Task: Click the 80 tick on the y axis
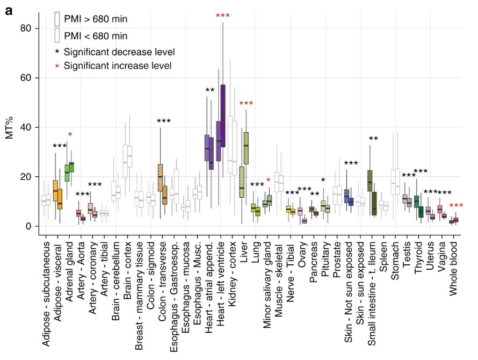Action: tap(27, 28)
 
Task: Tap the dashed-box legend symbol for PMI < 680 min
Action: tap(56, 36)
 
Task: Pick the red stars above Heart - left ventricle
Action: tap(222, 16)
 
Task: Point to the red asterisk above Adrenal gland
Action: tap(70, 134)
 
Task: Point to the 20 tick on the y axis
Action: tap(27, 177)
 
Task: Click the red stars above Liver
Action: tap(246, 104)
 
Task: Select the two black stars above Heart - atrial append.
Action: tap(210, 90)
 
